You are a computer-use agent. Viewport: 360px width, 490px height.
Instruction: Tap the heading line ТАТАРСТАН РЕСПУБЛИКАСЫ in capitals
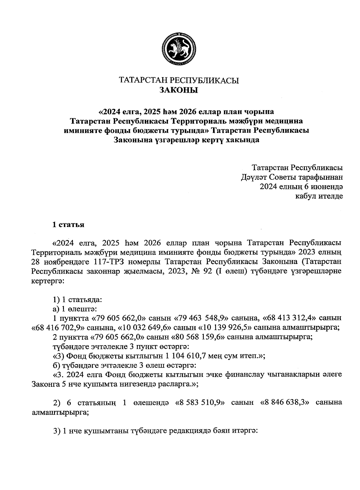tap(179, 81)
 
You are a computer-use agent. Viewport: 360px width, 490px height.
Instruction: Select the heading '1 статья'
tap(68, 225)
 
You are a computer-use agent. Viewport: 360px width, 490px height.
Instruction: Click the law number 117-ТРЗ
tap(146, 261)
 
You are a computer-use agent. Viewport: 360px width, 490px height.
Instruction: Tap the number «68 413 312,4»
tap(291, 318)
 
